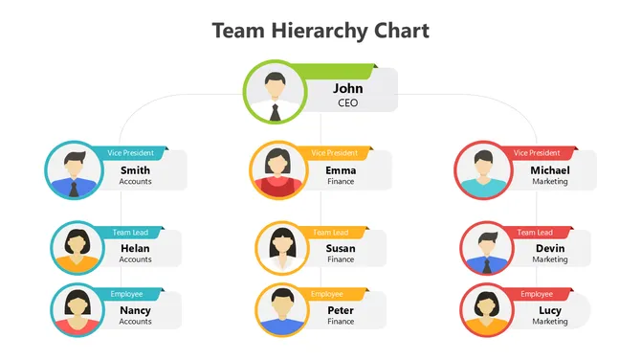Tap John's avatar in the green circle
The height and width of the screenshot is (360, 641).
point(276,91)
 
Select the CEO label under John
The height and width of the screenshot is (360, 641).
point(348,102)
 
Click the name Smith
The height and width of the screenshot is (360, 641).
point(135,170)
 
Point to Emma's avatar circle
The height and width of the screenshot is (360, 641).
point(277,169)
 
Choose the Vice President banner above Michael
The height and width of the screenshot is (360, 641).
point(537,152)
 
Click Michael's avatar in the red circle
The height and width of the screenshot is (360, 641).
point(482,169)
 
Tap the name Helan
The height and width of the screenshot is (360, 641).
point(135,249)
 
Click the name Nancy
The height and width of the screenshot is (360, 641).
point(135,311)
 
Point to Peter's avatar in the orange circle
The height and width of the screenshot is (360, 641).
point(281,310)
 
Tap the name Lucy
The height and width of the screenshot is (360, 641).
point(549,311)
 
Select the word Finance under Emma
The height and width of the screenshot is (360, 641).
point(341,181)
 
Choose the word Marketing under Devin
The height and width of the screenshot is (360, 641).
point(549,259)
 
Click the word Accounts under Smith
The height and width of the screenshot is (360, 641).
point(135,181)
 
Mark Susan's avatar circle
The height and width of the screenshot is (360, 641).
point(282,248)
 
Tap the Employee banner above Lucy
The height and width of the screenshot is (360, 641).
point(537,294)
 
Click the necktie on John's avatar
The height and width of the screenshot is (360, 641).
point(276,111)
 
